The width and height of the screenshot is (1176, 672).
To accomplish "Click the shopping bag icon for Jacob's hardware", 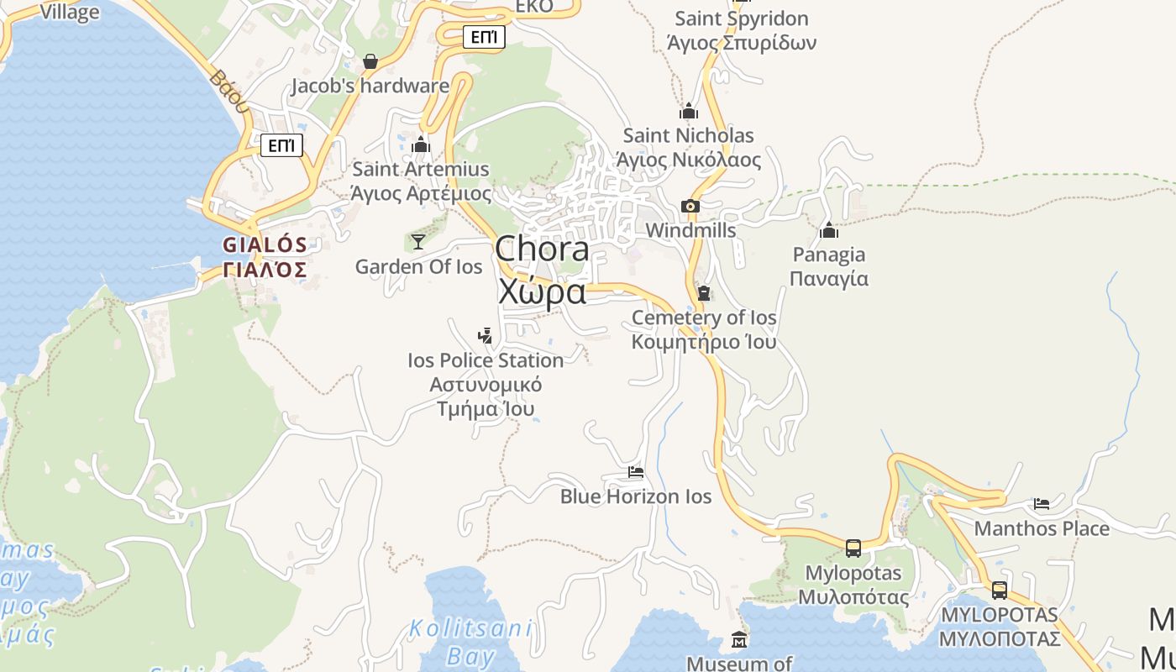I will click(370, 61).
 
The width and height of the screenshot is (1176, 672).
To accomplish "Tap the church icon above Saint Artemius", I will click(421, 145).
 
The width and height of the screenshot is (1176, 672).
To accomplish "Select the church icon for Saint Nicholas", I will click(689, 111).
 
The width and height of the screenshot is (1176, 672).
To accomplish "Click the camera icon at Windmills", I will click(690, 206).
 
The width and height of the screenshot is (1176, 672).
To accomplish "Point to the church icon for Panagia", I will click(829, 230).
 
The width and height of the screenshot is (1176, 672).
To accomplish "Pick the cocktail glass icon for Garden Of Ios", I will click(417, 242).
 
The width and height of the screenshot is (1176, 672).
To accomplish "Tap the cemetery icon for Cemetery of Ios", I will click(704, 293).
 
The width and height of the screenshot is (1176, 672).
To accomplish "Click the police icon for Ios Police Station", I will click(485, 336).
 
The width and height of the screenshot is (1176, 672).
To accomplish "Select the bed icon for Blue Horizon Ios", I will click(636, 472).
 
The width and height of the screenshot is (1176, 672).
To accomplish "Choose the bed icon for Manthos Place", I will click(1042, 504).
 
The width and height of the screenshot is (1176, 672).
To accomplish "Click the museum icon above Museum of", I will click(739, 640).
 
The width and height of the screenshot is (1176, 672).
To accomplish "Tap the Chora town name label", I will click(542, 249).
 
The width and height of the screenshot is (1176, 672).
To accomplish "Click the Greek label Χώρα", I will click(542, 291).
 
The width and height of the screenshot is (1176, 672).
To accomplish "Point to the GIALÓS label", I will click(265, 245).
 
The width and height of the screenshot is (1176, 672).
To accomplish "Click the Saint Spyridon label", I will click(742, 18).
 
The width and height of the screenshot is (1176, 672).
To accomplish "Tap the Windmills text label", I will click(690, 230).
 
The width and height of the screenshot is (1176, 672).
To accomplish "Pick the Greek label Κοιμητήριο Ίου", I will click(704, 342).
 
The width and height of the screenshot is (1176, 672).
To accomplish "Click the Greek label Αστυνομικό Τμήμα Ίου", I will click(486, 396).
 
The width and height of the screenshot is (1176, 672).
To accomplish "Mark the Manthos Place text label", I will click(1042, 528).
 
